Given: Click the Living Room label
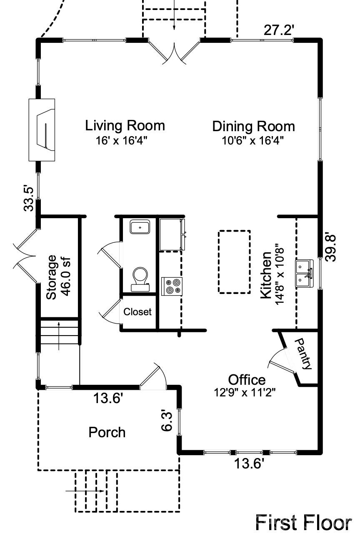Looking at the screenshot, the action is [x=125, y=126].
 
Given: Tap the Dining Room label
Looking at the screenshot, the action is [x=253, y=126].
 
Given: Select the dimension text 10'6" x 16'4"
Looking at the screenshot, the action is [x=253, y=141].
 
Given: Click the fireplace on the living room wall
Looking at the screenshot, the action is [x=42, y=130].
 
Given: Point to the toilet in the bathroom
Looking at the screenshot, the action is [x=140, y=279].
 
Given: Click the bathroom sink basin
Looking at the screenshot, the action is [x=140, y=227].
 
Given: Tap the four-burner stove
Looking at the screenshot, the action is [x=172, y=286].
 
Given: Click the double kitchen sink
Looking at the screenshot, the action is [x=305, y=274].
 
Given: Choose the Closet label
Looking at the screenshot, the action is [x=137, y=312].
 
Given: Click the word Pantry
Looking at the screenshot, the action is [x=303, y=354].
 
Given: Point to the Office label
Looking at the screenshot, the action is [x=247, y=380].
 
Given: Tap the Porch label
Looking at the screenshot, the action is [x=107, y=432].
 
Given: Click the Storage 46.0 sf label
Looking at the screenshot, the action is [x=58, y=277].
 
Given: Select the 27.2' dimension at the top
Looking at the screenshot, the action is [x=279, y=30].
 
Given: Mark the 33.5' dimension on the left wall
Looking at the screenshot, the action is [x=29, y=199].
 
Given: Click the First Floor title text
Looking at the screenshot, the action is [x=303, y=523].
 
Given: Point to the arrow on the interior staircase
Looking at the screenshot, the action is [x=59, y=336].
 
